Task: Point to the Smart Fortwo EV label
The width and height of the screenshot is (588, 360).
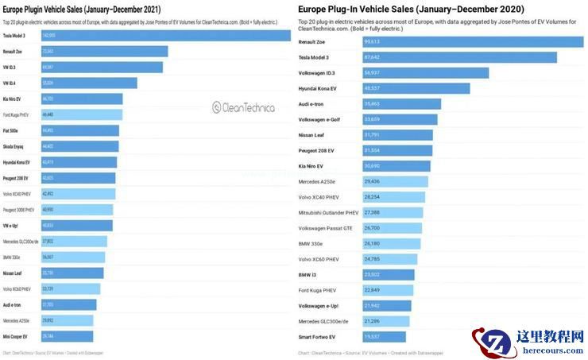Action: (317, 337)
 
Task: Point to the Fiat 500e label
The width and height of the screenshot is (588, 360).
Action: (13, 130)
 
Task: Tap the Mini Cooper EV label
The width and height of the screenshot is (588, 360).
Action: (15, 336)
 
